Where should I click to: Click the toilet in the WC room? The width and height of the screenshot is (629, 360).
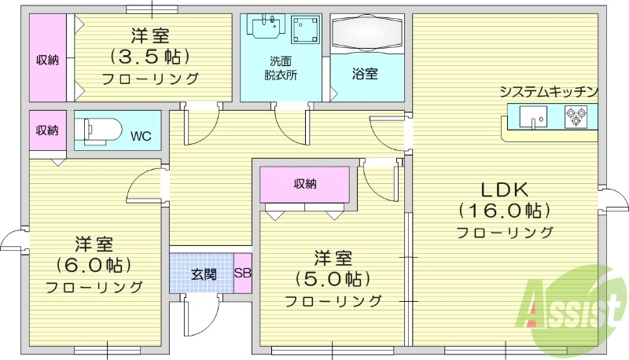coord(100,128)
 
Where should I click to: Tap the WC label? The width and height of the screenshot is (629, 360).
coord(140,136)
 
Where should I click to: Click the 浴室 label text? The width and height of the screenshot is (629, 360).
coord(365,75)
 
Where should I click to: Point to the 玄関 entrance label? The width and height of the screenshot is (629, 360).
coord(203,274)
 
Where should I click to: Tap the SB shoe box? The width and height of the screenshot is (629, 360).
coord(243,274)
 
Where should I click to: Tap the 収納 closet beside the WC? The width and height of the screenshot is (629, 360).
coord(46,130)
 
